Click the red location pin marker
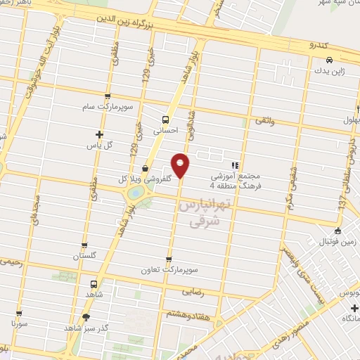(x=181, y=165)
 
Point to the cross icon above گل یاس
(x=99, y=134)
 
